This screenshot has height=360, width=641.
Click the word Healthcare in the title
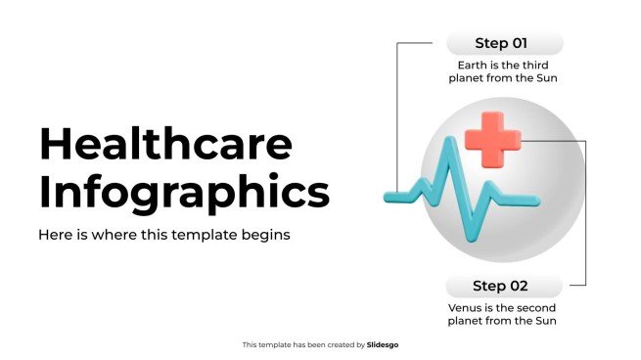pyautogui.click(x=166, y=144)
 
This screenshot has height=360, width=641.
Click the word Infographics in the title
pyautogui.click(x=184, y=193)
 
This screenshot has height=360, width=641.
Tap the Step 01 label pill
pyautogui.click(x=505, y=43)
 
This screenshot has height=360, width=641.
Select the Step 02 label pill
pyautogui.click(x=504, y=286)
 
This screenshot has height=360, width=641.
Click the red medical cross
pyautogui.click(x=493, y=140)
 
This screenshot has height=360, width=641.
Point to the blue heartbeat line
pyautogui.click(x=462, y=189)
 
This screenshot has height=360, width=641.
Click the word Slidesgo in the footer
pyautogui.click(x=383, y=345)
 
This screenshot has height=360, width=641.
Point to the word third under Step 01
pyautogui.click(x=535, y=66)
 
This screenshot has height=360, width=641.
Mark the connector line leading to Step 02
pyautogui.click(x=585, y=213)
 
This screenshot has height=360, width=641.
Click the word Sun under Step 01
pyautogui.click(x=547, y=78)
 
